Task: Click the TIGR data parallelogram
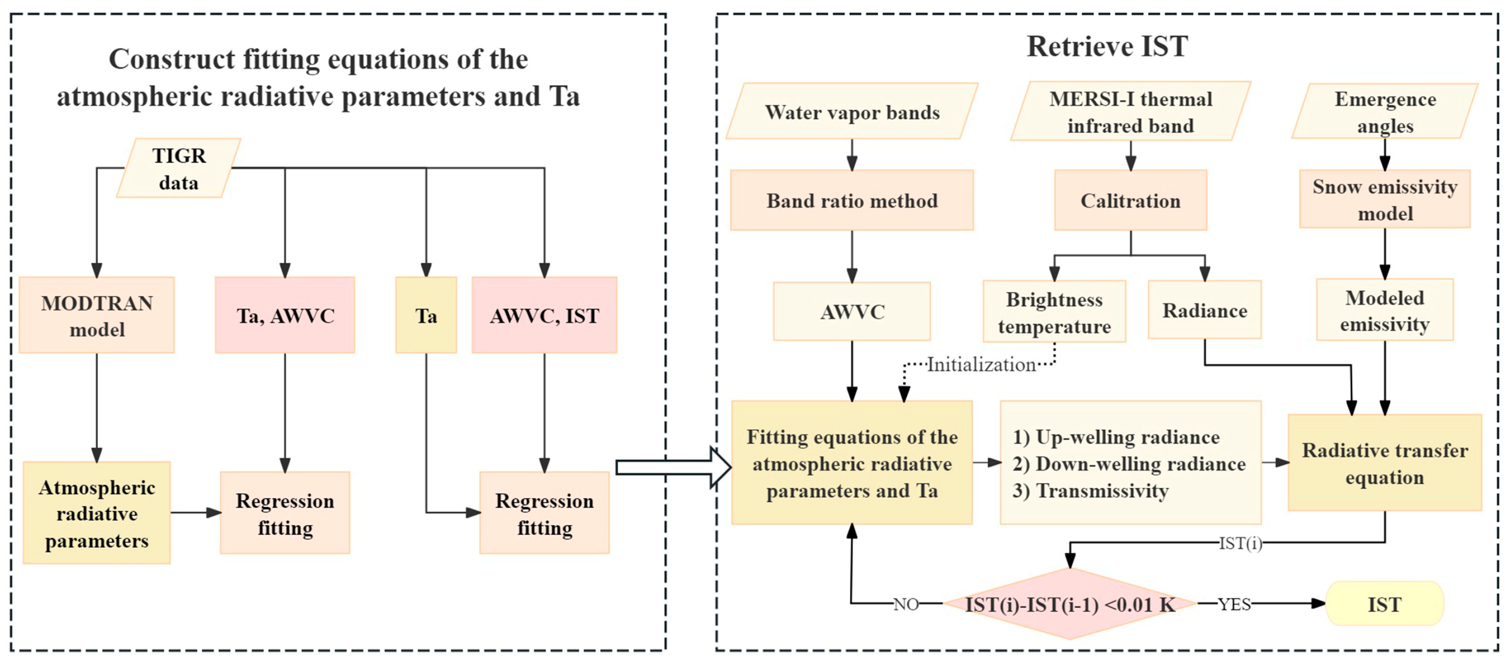178,168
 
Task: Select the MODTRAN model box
97,316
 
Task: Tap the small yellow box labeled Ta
426,316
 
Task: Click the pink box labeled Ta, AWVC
285,316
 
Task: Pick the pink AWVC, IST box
544,316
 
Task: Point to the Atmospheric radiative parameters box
97,513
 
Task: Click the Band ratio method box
852,201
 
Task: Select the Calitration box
1130,201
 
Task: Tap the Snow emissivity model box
1384,200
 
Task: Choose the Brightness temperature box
1054,312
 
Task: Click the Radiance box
1204,310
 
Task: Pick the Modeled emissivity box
1384,310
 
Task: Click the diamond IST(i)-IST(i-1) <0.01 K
1069,604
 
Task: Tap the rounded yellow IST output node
1384,604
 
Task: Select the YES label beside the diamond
1234,604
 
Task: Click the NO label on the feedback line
906,604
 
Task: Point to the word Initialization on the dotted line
981,365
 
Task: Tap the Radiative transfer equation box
1384,463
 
